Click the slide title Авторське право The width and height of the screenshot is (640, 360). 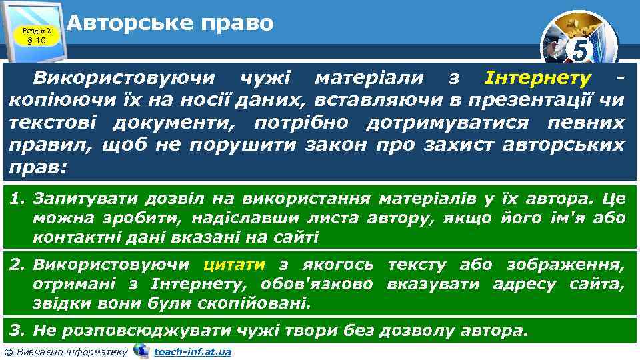click(170, 24)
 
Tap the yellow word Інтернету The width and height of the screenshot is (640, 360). click(537, 79)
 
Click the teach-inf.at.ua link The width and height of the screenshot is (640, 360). click(192, 351)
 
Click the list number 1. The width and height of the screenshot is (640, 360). click(17, 198)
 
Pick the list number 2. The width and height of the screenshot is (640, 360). click(17, 265)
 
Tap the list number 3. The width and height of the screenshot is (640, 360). click(17, 330)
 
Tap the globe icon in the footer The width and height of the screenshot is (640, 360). click(141, 350)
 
